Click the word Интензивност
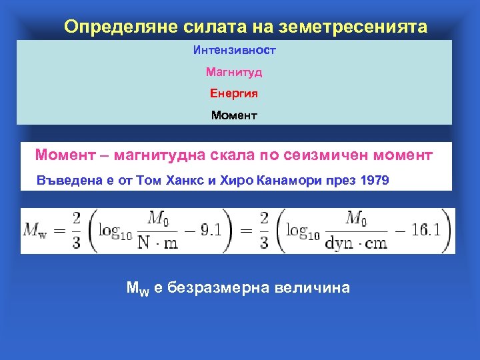pyautogui.click(x=234, y=50)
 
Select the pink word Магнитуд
pyautogui.click(x=234, y=71)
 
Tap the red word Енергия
pyautogui.click(x=234, y=93)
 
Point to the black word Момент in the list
pyautogui.click(x=234, y=115)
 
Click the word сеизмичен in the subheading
pyautogui.click(x=332, y=155)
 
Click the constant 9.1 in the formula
pyautogui.click(x=215, y=230)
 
